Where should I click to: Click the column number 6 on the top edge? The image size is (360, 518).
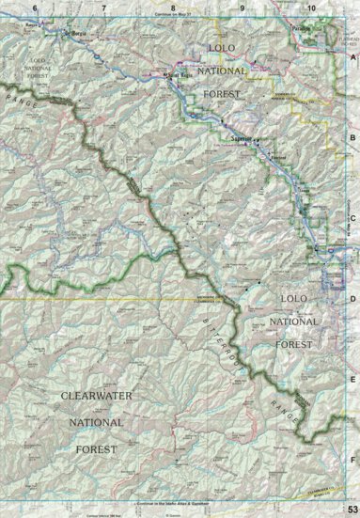click(x=34, y=8)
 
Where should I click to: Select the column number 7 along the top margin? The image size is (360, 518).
click(x=102, y=8)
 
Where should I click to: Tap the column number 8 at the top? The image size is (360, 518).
click(x=173, y=8)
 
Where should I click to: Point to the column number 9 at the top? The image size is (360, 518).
click(x=242, y=8)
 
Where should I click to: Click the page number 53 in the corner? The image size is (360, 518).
click(x=352, y=509)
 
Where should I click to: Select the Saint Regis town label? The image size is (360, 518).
click(x=178, y=74)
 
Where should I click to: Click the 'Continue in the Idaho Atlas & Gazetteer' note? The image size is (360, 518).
click(x=179, y=504)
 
